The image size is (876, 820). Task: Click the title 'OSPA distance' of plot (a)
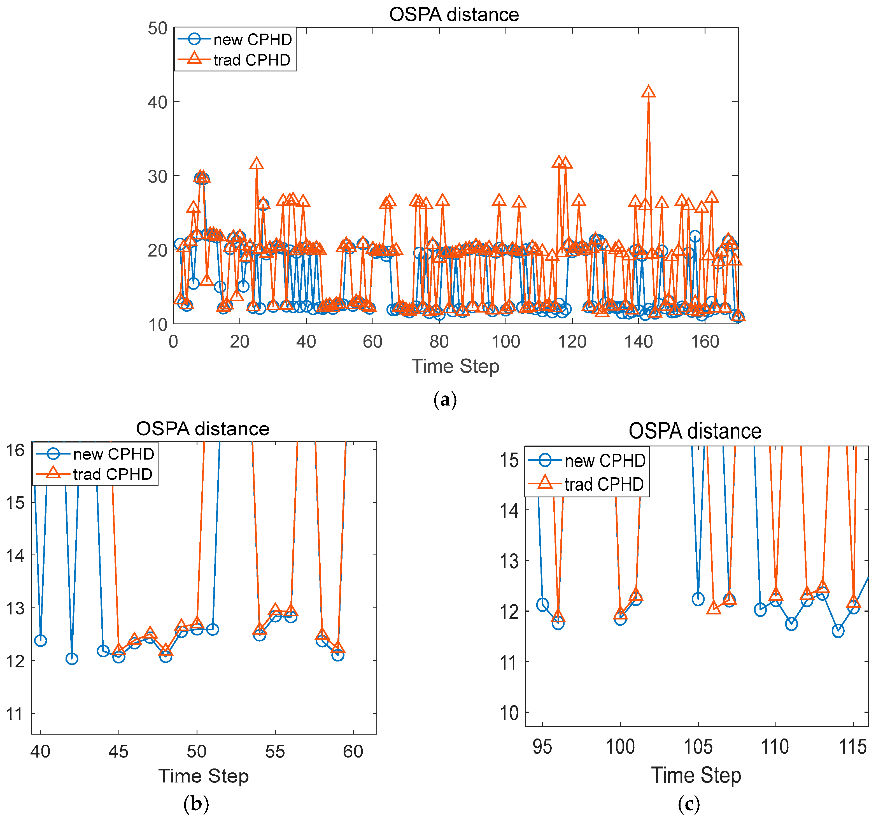(x=454, y=15)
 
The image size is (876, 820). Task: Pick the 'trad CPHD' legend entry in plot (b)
(x=112, y=474)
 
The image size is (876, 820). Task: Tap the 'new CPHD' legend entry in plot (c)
(x=605, y=461)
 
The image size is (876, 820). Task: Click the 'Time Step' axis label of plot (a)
(x=455, y=366)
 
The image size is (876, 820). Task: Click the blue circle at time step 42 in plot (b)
(x=72, y=659)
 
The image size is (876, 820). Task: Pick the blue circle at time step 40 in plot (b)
(x=41, y=640)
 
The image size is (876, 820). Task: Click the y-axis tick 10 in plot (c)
(x=509, y=712)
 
